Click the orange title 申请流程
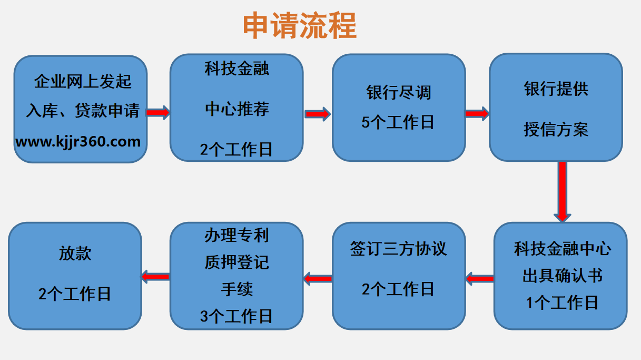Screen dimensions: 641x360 [300, 25]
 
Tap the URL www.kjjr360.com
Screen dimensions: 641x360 [78, 142]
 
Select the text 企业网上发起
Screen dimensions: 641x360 [83, 81]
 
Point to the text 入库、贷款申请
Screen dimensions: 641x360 [83, 111]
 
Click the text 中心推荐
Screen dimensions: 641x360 [237, 109]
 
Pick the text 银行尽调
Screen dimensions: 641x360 [399, 93]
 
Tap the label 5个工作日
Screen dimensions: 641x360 [398, 122]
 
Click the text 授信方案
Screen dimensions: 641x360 [556, 130]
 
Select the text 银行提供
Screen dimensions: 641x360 [556, 89]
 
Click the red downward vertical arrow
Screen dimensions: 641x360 [563, 191]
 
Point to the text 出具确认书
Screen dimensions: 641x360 [563, 276]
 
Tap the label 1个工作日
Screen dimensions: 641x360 [563, 303]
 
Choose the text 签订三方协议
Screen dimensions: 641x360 [398, 249]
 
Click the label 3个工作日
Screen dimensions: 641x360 [236, 316]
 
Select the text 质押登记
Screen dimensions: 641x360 [236, 262]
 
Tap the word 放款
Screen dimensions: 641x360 [75, 254]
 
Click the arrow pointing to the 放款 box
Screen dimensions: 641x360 [155, 277]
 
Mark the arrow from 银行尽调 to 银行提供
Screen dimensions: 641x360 [477, 114]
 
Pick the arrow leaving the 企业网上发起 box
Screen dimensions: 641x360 [158, 113]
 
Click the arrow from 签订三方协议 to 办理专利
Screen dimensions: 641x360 [318, 279]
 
